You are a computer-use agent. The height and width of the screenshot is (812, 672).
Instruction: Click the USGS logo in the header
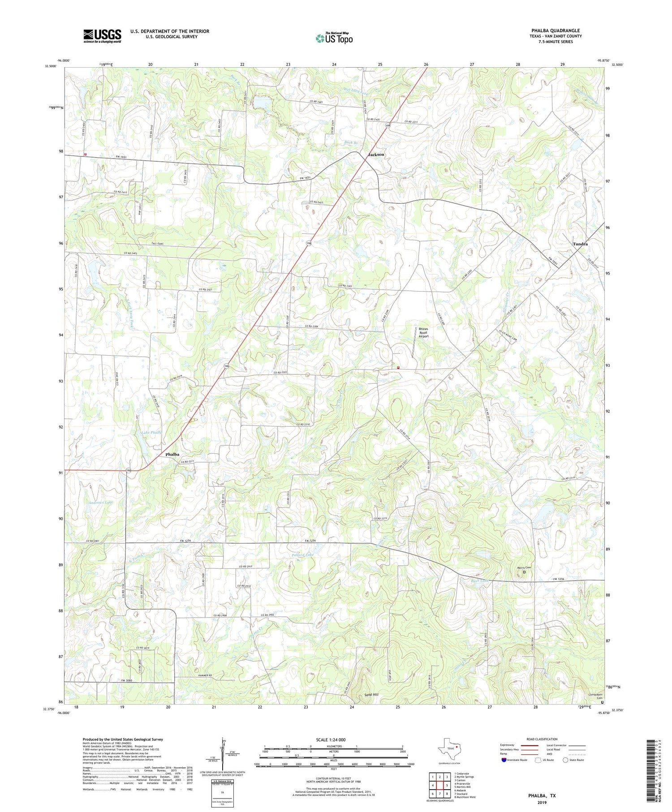[x=102, y=36]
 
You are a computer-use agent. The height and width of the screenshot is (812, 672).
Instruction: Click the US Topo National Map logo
[x=334, y=38]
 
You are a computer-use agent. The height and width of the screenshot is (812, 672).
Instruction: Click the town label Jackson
[x=376, y=155]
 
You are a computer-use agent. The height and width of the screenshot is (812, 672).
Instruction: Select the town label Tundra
[x=580, y=244]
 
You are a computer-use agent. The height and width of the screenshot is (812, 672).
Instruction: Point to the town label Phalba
[x=172, y=454]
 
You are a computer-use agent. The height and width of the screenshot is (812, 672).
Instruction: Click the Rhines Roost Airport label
[x=423, y=332]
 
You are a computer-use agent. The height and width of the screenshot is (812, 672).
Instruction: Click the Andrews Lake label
[x=100, y=503]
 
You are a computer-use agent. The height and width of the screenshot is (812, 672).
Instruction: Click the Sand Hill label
[x=371, y=695]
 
